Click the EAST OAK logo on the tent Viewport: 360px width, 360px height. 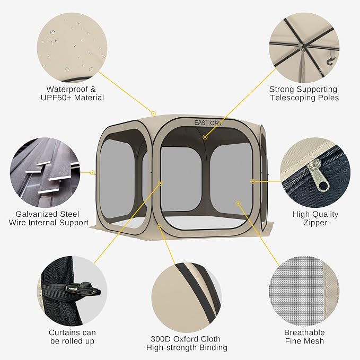pyautogui.click(x=208, y=123)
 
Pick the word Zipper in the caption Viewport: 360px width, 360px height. pyautogui.click(x=315, y=223)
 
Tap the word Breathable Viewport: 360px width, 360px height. pyautogui.click(x=304, y=332)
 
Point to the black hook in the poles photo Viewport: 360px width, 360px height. pyautogui.click(x=331, y=60)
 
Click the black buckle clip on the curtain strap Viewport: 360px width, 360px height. pyautogui.click(x=83, y=289)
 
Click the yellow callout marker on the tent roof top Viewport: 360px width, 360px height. pyautogui.click(x=154, y=113)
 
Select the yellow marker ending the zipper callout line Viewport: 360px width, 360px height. pyautogui.click(x=252, y=181)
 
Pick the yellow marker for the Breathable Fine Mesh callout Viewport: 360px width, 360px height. pyautogui.click(x=238, y=203)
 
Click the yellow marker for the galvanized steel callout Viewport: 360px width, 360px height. pyautogui.click(x=92, y=172)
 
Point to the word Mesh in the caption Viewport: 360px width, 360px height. pyautogui.click(x=314, y=341)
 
